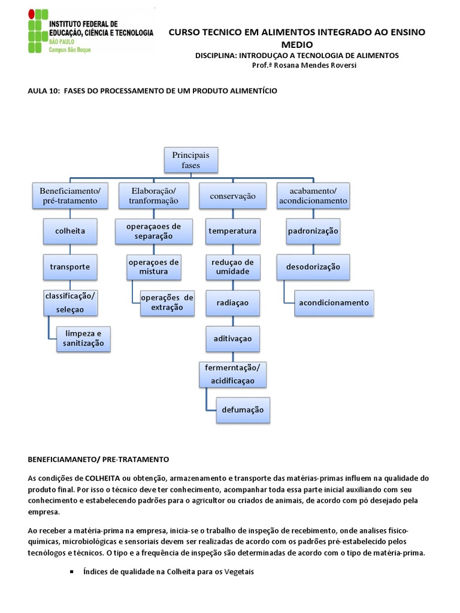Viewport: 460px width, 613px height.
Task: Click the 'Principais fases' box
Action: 191,160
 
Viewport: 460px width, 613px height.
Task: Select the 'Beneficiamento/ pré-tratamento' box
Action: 70,196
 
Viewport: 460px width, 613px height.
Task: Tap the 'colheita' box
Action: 70,231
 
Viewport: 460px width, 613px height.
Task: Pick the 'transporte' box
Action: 70,266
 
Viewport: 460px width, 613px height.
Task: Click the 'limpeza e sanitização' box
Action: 83,338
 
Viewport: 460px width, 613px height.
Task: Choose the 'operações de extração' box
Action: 167,303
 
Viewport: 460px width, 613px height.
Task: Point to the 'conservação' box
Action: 233,196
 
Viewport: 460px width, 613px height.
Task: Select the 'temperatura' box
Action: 232,231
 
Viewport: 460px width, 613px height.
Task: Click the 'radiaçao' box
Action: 232,303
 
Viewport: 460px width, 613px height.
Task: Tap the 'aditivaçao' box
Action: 232,339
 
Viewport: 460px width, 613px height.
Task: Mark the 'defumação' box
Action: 243,410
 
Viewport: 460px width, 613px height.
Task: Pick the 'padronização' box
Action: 313,231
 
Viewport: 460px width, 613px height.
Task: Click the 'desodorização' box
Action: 313,267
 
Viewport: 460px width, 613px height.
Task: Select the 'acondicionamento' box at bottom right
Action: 334,303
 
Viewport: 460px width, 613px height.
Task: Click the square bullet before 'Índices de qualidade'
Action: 72,572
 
